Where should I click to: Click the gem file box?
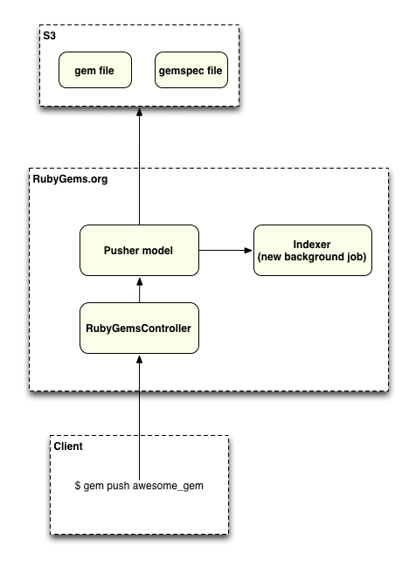point(95,70)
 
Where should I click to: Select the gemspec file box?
point(191,70)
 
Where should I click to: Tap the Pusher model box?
point(139,250)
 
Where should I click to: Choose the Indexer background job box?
point(312,250)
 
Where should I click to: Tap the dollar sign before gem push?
point(77,485)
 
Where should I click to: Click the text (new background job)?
point(312,258)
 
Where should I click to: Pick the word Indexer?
point(312,244)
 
